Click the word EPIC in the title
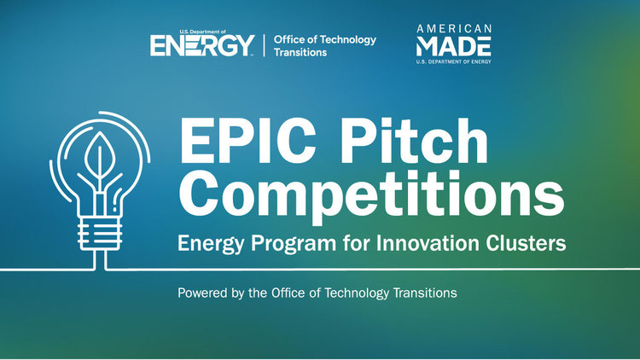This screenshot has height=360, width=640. (247, 142)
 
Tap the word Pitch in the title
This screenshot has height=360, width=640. (415, 141)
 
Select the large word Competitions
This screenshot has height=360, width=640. (372, 195)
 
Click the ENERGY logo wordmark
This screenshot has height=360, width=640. (202, 45)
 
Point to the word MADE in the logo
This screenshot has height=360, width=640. (453, 46)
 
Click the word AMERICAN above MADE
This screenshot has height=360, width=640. (454, 28)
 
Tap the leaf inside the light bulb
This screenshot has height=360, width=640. (98, 155)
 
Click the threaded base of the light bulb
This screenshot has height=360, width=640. (100, 233)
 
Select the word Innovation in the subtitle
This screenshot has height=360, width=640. (428, 243)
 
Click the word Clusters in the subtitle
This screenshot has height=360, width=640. (526, 243)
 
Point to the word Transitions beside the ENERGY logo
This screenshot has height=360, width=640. (300, 52)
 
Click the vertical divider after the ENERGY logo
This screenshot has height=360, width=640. (264, 45)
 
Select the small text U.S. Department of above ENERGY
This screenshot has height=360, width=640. (202, 32)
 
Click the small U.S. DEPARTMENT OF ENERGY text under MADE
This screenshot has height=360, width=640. (453, 61)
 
